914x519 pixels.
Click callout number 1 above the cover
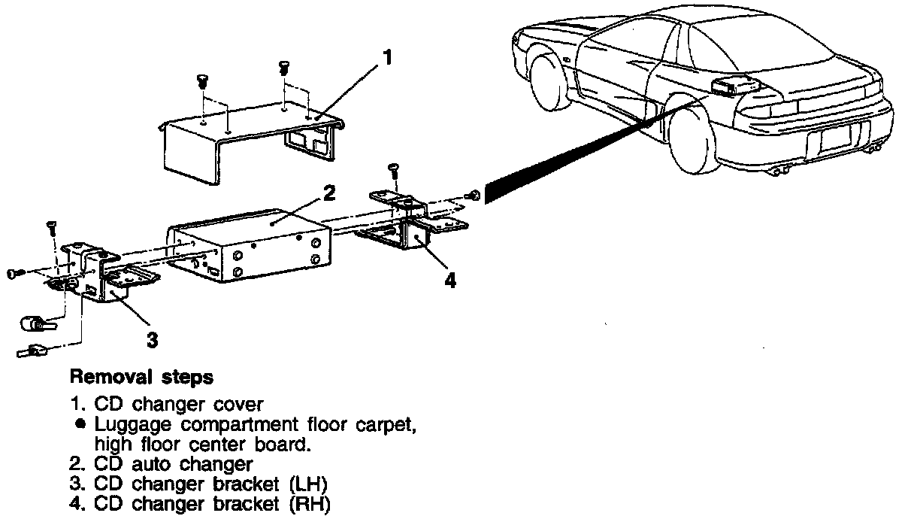(x=388, y=57)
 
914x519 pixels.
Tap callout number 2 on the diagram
(x=328, y=193)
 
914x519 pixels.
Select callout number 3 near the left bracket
(x=153, y=340)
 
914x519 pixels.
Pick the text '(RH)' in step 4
(x=310, y=504)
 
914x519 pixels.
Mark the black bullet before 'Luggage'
(x=78, y=425)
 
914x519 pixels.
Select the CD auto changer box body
(x=248, y=241)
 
